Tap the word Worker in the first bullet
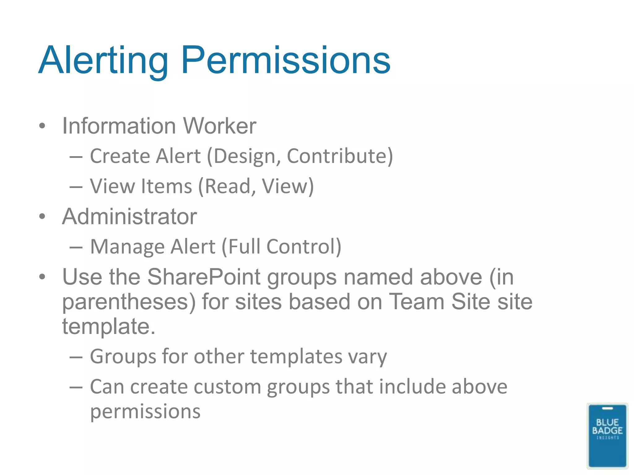coord(219,126)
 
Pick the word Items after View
coord(167,186)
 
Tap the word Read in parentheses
coord(228,186)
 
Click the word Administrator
coord(129,216)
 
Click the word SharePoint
coord(204,277)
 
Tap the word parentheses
coord(129,302)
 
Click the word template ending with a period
coord(108,326)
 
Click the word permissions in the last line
coord(145,412)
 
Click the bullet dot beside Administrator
coord(42,216)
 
